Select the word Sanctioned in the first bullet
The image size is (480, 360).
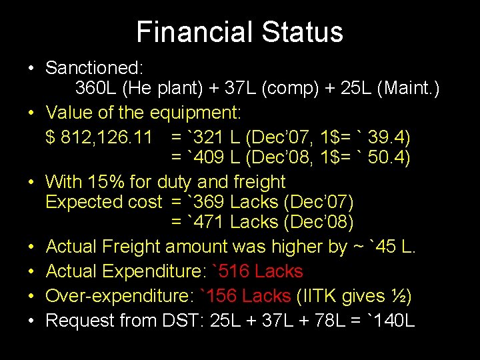pyautogui.click(x=95, y=67)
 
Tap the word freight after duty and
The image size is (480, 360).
pyautogui.click(x=260, y=182)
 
